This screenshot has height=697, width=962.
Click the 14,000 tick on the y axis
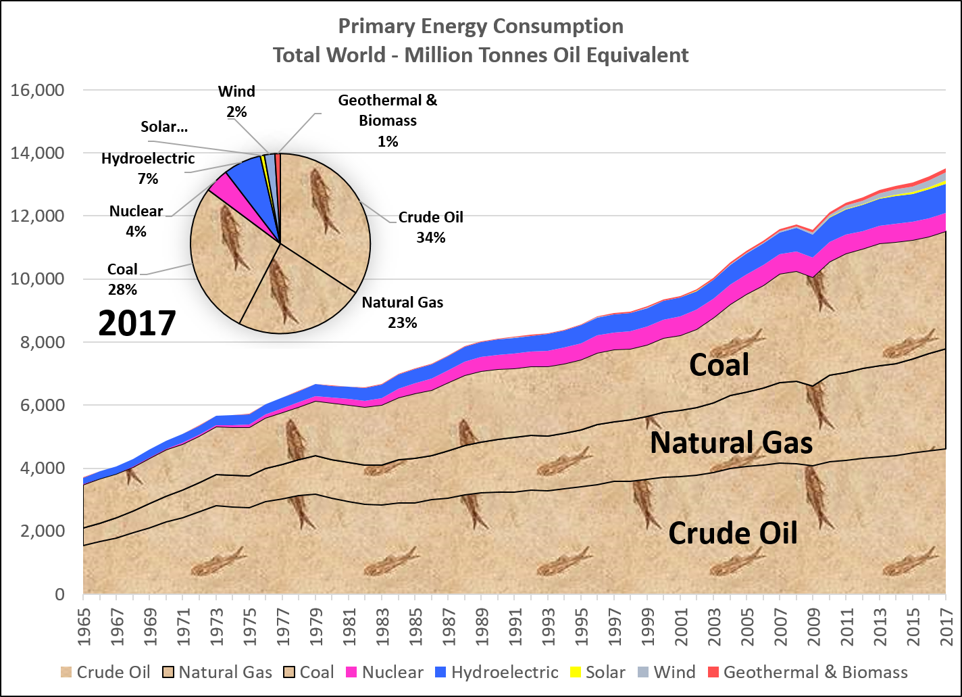[45, 153]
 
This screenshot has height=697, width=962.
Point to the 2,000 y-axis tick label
[45, 531]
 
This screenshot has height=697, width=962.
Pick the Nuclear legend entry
[384, 672]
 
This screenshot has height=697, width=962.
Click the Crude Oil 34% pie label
[431, 227]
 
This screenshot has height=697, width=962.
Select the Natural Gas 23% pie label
[403, 312]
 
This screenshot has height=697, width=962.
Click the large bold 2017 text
[137, 323]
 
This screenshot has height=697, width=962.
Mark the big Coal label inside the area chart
[719, 365]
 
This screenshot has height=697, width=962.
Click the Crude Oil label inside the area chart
[733, 533]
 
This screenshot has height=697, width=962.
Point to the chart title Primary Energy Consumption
[480, 26]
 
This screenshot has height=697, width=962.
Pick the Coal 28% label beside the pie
[122, 279]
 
